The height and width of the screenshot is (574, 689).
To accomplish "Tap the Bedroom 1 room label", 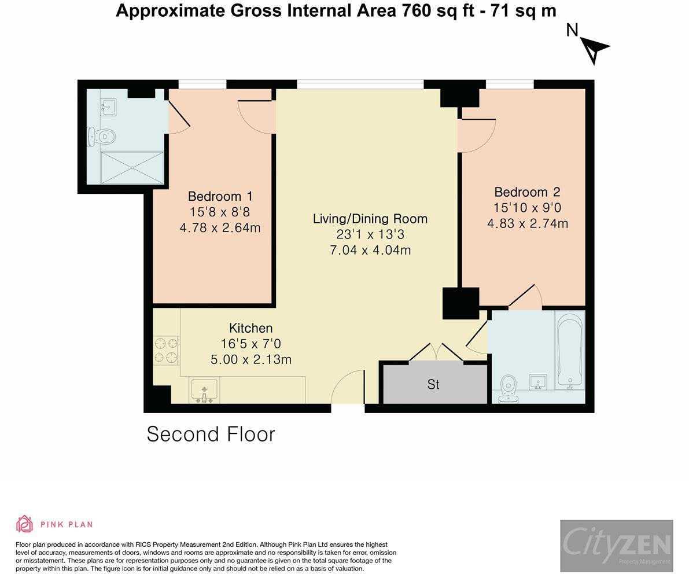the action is point(220,196).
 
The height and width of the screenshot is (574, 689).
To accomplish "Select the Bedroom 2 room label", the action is point(527,192).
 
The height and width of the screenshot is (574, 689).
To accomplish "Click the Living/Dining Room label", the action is point(370,219).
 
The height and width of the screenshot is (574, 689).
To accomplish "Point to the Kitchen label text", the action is point(251,328).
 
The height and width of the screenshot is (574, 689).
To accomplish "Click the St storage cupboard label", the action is point(433,385).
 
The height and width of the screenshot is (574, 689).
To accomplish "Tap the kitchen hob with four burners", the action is point(167,350).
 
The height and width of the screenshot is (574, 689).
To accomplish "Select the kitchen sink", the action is point(204,391).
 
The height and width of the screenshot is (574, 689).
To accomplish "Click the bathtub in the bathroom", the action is point(569,350).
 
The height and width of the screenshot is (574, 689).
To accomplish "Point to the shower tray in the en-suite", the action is point(132,167).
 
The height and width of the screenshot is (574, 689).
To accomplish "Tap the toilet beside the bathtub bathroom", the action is point(509,388).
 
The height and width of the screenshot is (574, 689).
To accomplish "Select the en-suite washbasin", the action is point(108,107).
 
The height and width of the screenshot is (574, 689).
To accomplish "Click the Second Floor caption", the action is point(211,434).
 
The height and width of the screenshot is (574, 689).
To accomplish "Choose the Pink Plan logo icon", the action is point(25,524).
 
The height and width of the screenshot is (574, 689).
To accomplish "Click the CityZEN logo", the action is point(617,546).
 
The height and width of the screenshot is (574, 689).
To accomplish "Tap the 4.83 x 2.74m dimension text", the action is point(527,223).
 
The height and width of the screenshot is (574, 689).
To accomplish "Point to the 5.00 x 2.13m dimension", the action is point(251,359).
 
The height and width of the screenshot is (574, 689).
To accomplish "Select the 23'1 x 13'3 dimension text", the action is point(370,234).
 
